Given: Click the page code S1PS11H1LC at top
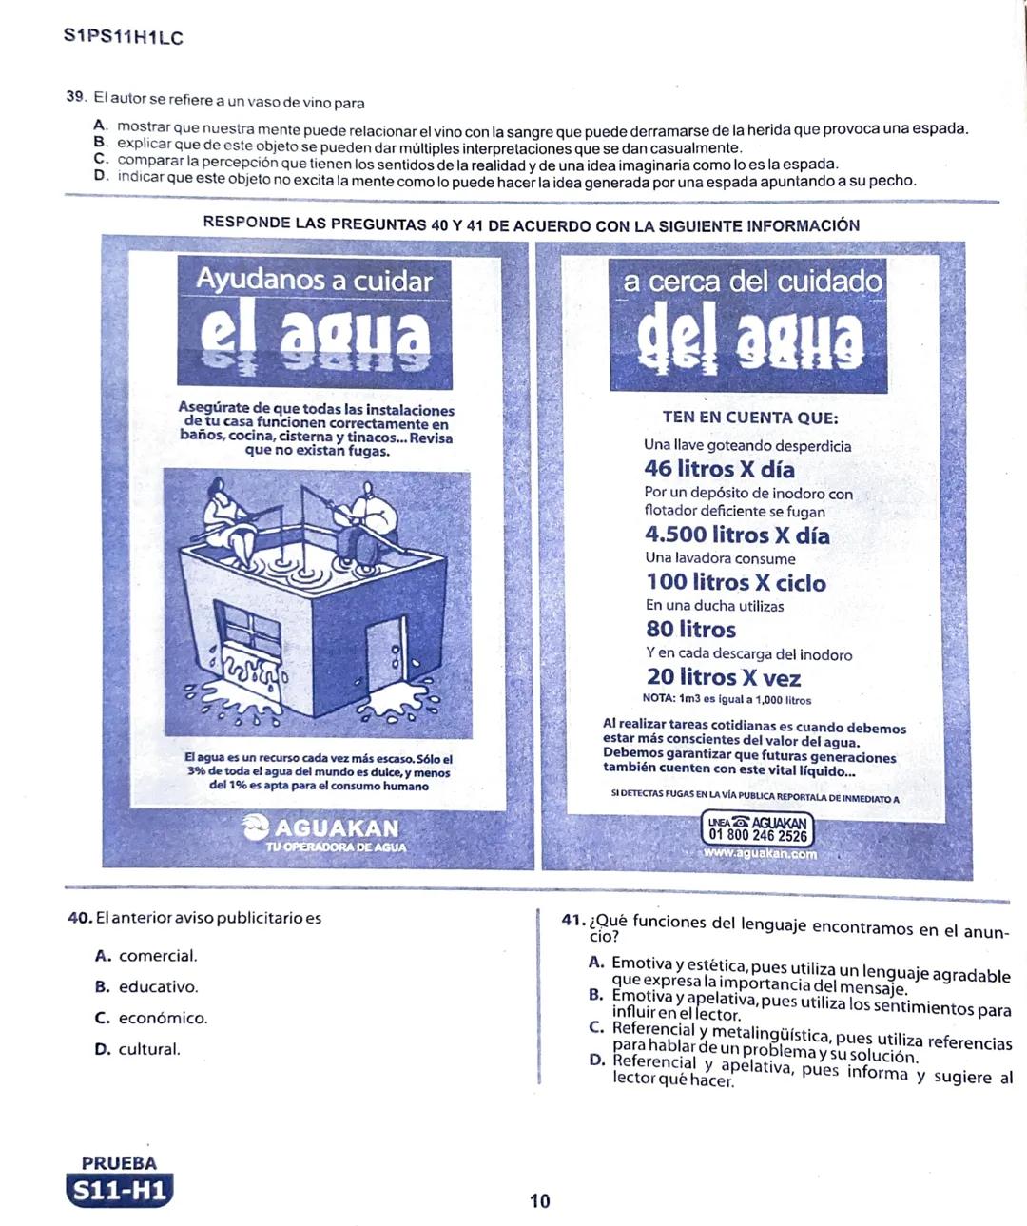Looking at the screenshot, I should pyautogui.click(x=123, y=38).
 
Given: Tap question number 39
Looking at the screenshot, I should pyautogui.click(x=76, y=97).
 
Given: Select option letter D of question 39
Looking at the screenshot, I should pyautogui.click(x=100, y=177).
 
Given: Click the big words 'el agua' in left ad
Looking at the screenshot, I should pyautogui.click(x=315, y=336).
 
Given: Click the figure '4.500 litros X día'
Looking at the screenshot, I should pyautogui.click(x=737, y=535).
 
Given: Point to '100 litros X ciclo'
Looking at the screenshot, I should pyautogui.click(x=736, y=583).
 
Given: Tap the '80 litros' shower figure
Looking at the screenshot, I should pyautogui.click(x=691, y=630).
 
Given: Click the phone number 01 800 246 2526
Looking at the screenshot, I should pyautogui.click(x=758, y=836).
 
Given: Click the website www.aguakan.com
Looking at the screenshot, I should pyautogui.click(x=760, y=854).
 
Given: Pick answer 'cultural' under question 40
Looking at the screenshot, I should pyautogui.click(x=148, y=1050).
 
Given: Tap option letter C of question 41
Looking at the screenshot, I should pyautogui.click(x=596, y=1028).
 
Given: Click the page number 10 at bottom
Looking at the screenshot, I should pyautogui.click(x=539, y=1201).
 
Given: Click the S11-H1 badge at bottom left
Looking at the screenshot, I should pyautogui.click(x=120, y=1190).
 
